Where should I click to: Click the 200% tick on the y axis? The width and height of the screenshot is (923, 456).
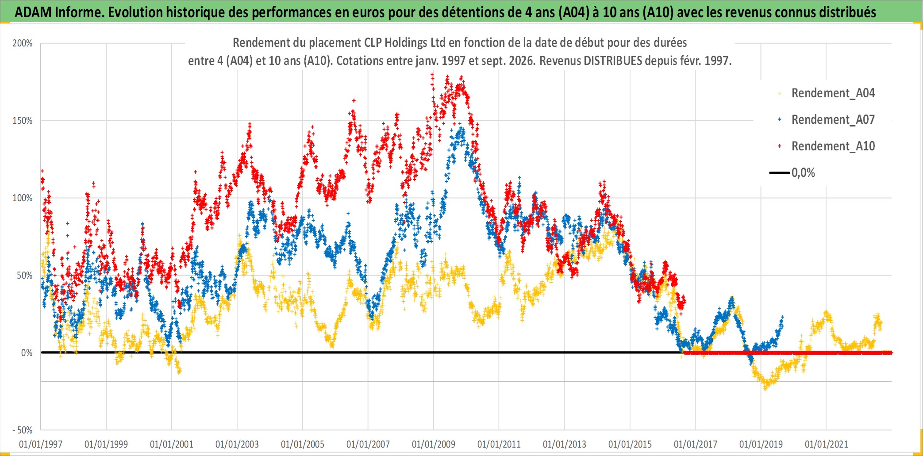(x=23, y=43)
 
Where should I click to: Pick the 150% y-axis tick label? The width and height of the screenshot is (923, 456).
(x=23, y=121)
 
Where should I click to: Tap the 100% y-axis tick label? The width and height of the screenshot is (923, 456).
(x=23, y=198)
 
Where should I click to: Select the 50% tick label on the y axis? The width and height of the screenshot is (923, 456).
(x=25, y=276)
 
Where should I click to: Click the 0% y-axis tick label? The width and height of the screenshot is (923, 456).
(x=27, y=353)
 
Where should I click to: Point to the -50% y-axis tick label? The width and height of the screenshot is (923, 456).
(x=23, y=430)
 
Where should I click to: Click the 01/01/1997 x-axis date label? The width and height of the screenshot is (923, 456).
(x=41, y=444)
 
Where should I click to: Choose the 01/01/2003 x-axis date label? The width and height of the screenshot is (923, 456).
(x=237, y=444)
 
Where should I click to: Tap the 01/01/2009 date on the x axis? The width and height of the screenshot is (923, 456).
(x=434, y=444)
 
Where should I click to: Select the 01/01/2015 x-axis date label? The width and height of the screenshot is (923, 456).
(x=630, y=444)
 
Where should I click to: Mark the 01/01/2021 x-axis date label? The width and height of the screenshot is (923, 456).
(x=827, y=444)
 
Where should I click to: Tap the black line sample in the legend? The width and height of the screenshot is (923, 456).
(x=779, y=173)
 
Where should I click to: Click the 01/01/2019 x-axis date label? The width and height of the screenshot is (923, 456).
(x=761, y=444)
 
